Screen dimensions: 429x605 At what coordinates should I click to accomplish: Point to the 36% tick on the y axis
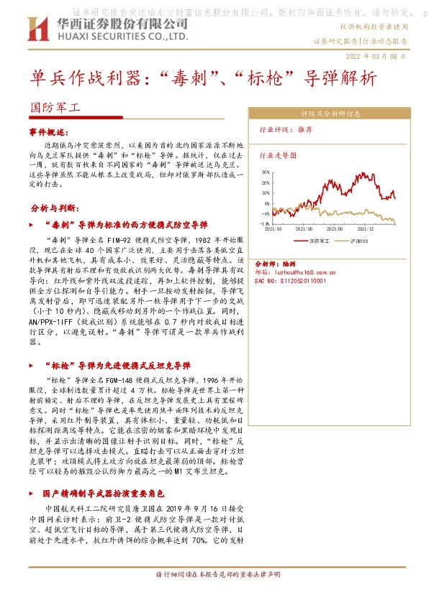pyautogui.click(x=266, y=172)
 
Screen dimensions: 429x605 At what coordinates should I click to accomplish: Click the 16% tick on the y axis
pyautogui.click(x=266, y=193)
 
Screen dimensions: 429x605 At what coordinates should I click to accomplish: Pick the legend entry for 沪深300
pyautogui.click(x=358, y=240)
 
